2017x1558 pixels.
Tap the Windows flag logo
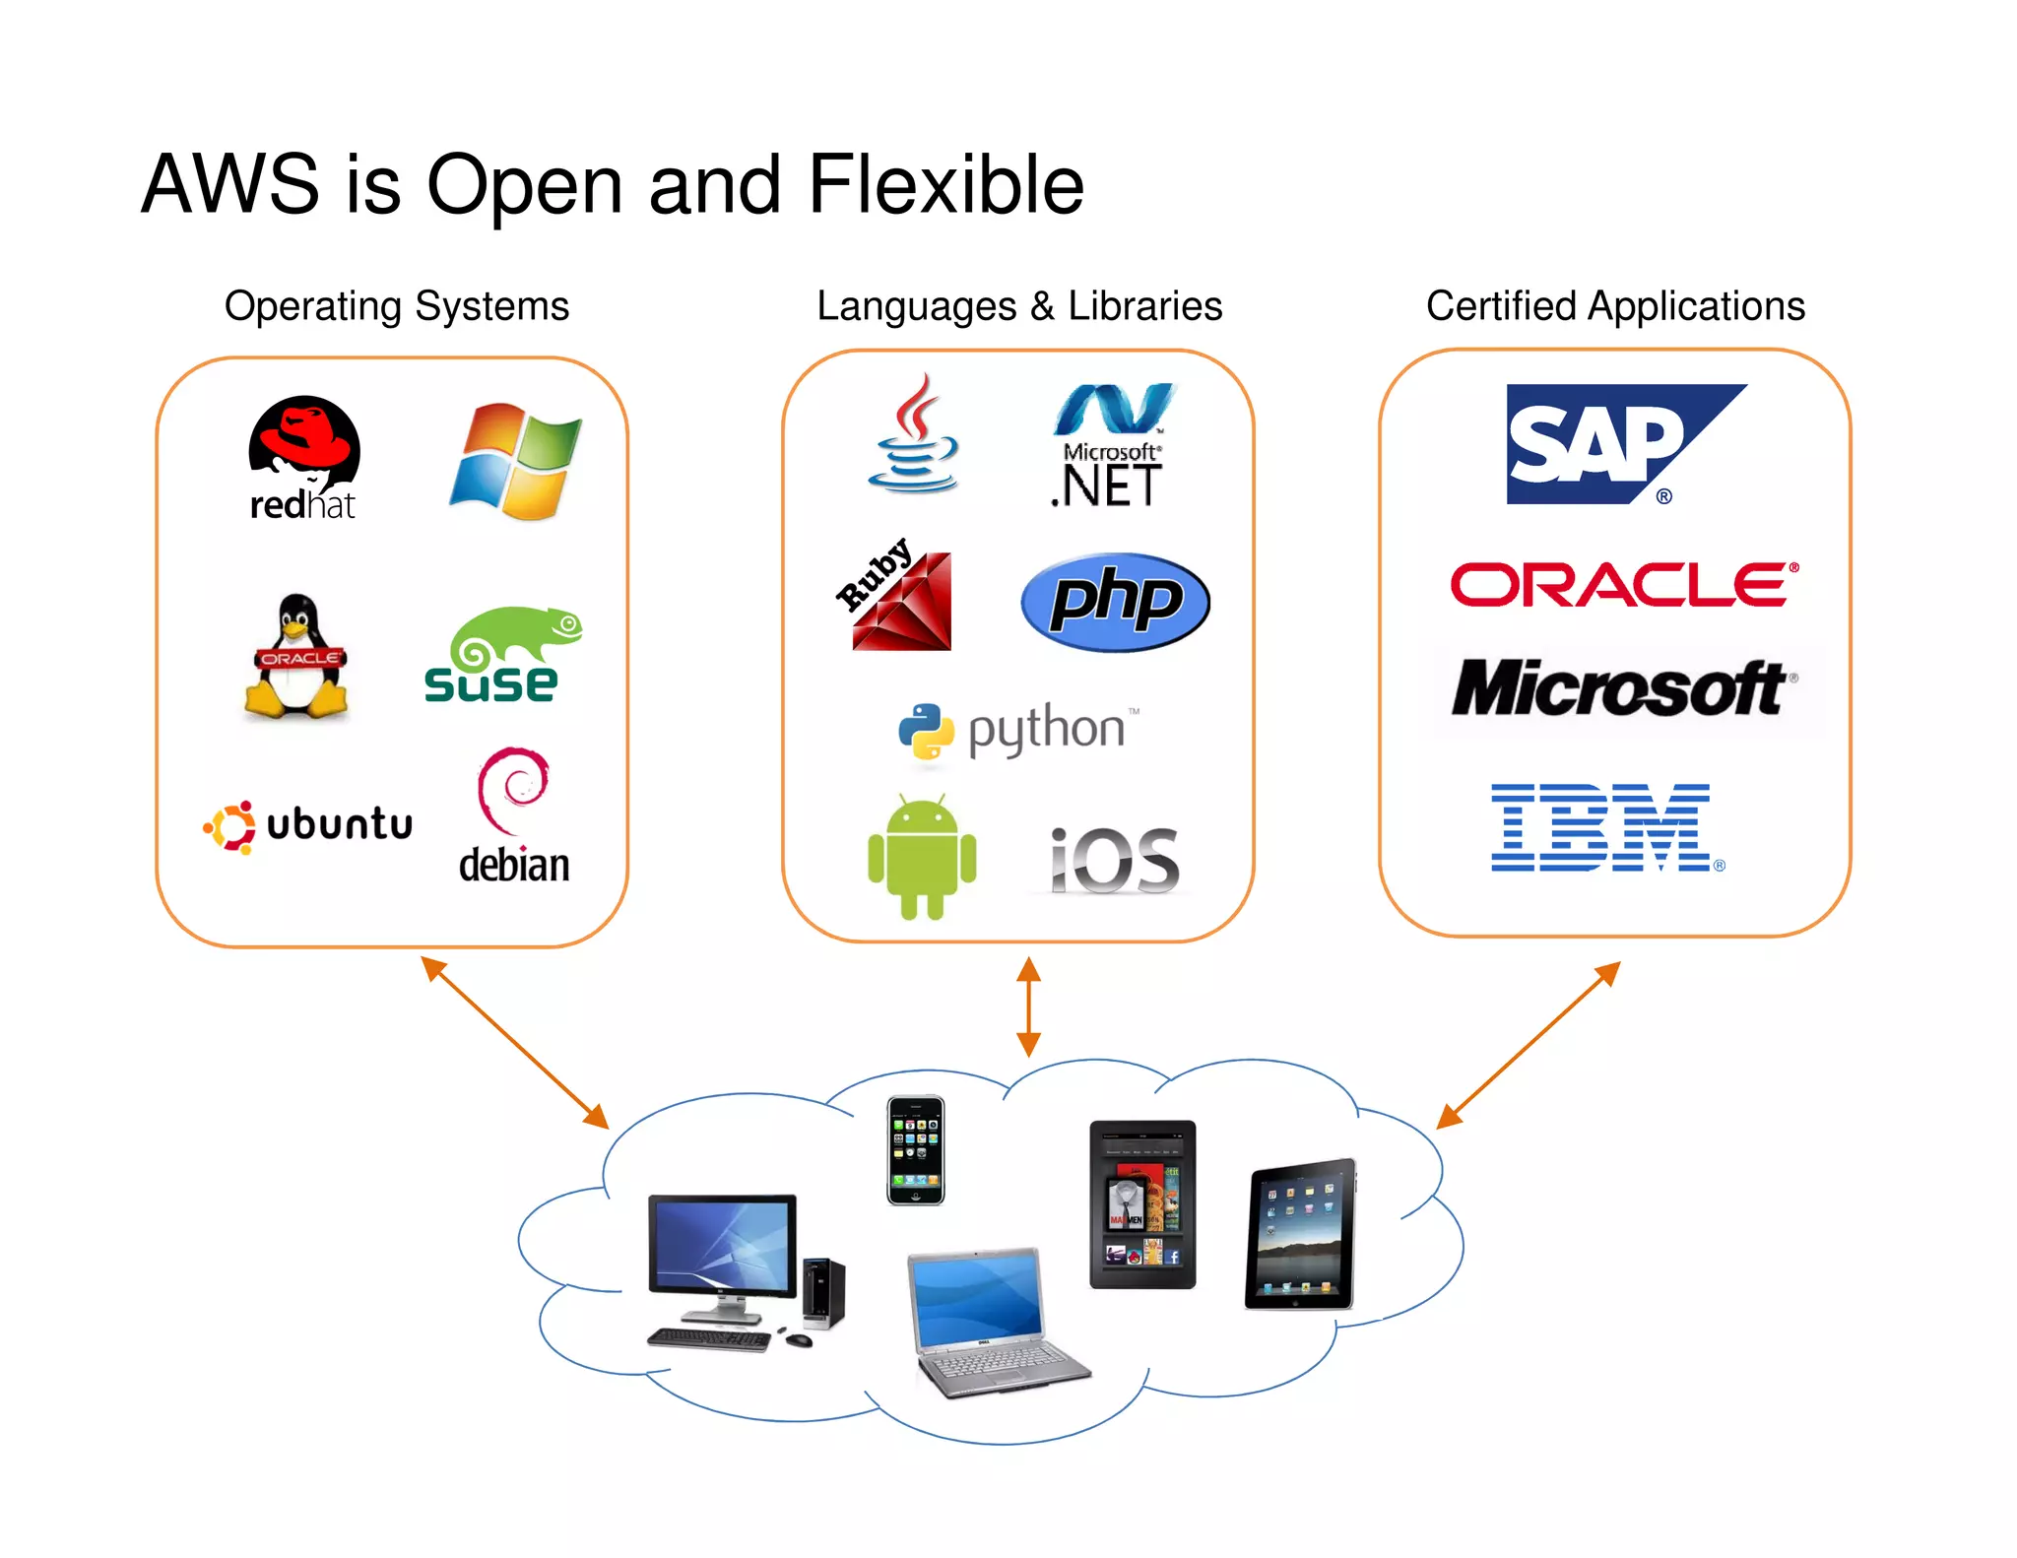pyautogui.click(x=516, y=461)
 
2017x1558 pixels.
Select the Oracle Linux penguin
pyautogui.click(x=296, y=656)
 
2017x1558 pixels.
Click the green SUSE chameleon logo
pyautogui.click(x=502, y=655)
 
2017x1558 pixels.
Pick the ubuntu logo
pyautogui.click(x=308, y=825)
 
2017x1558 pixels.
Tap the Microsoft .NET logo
pyautogui.click(x=1110, y=448)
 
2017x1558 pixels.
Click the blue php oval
pyautogui.click(x=1115, y=602)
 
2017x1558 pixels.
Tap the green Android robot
pyautogui.click(x=922, y=857)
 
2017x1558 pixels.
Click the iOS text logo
pyautogui.click(x=1114, y=861)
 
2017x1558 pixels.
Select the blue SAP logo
pyautogui.click(x=1615, y=444)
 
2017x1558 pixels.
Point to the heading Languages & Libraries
pyautogui.click(x=1019, y=306)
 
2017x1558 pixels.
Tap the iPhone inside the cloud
pyautogui.click(x=915, y=1150)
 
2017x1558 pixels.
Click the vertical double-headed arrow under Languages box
pyautogui.click(x=1028, y=1006)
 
